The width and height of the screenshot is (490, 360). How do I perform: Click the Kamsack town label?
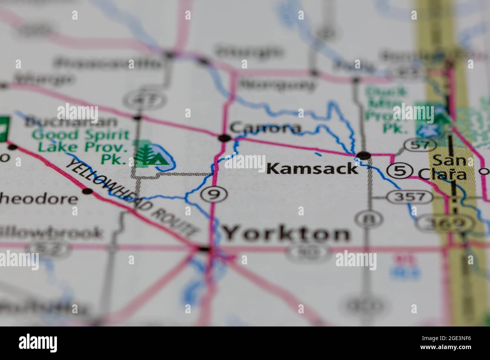(x=312, y=168)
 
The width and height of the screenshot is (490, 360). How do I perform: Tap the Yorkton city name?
(x=286, y=233)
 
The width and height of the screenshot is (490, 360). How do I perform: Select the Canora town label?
(x=265, y=128)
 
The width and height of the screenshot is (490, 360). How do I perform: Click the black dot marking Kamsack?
(x=364, y=155)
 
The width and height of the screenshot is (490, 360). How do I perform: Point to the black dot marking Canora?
(x=224, y=138)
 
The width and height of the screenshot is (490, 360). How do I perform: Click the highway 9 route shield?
(x=214, y=195)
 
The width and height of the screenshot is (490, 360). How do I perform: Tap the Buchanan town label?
(x=70, y=122)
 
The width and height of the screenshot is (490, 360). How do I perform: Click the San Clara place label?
(x=448, y=167)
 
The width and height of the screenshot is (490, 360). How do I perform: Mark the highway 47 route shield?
(x=140, y=100)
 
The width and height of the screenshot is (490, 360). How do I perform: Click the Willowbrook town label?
(x=51, y=233)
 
